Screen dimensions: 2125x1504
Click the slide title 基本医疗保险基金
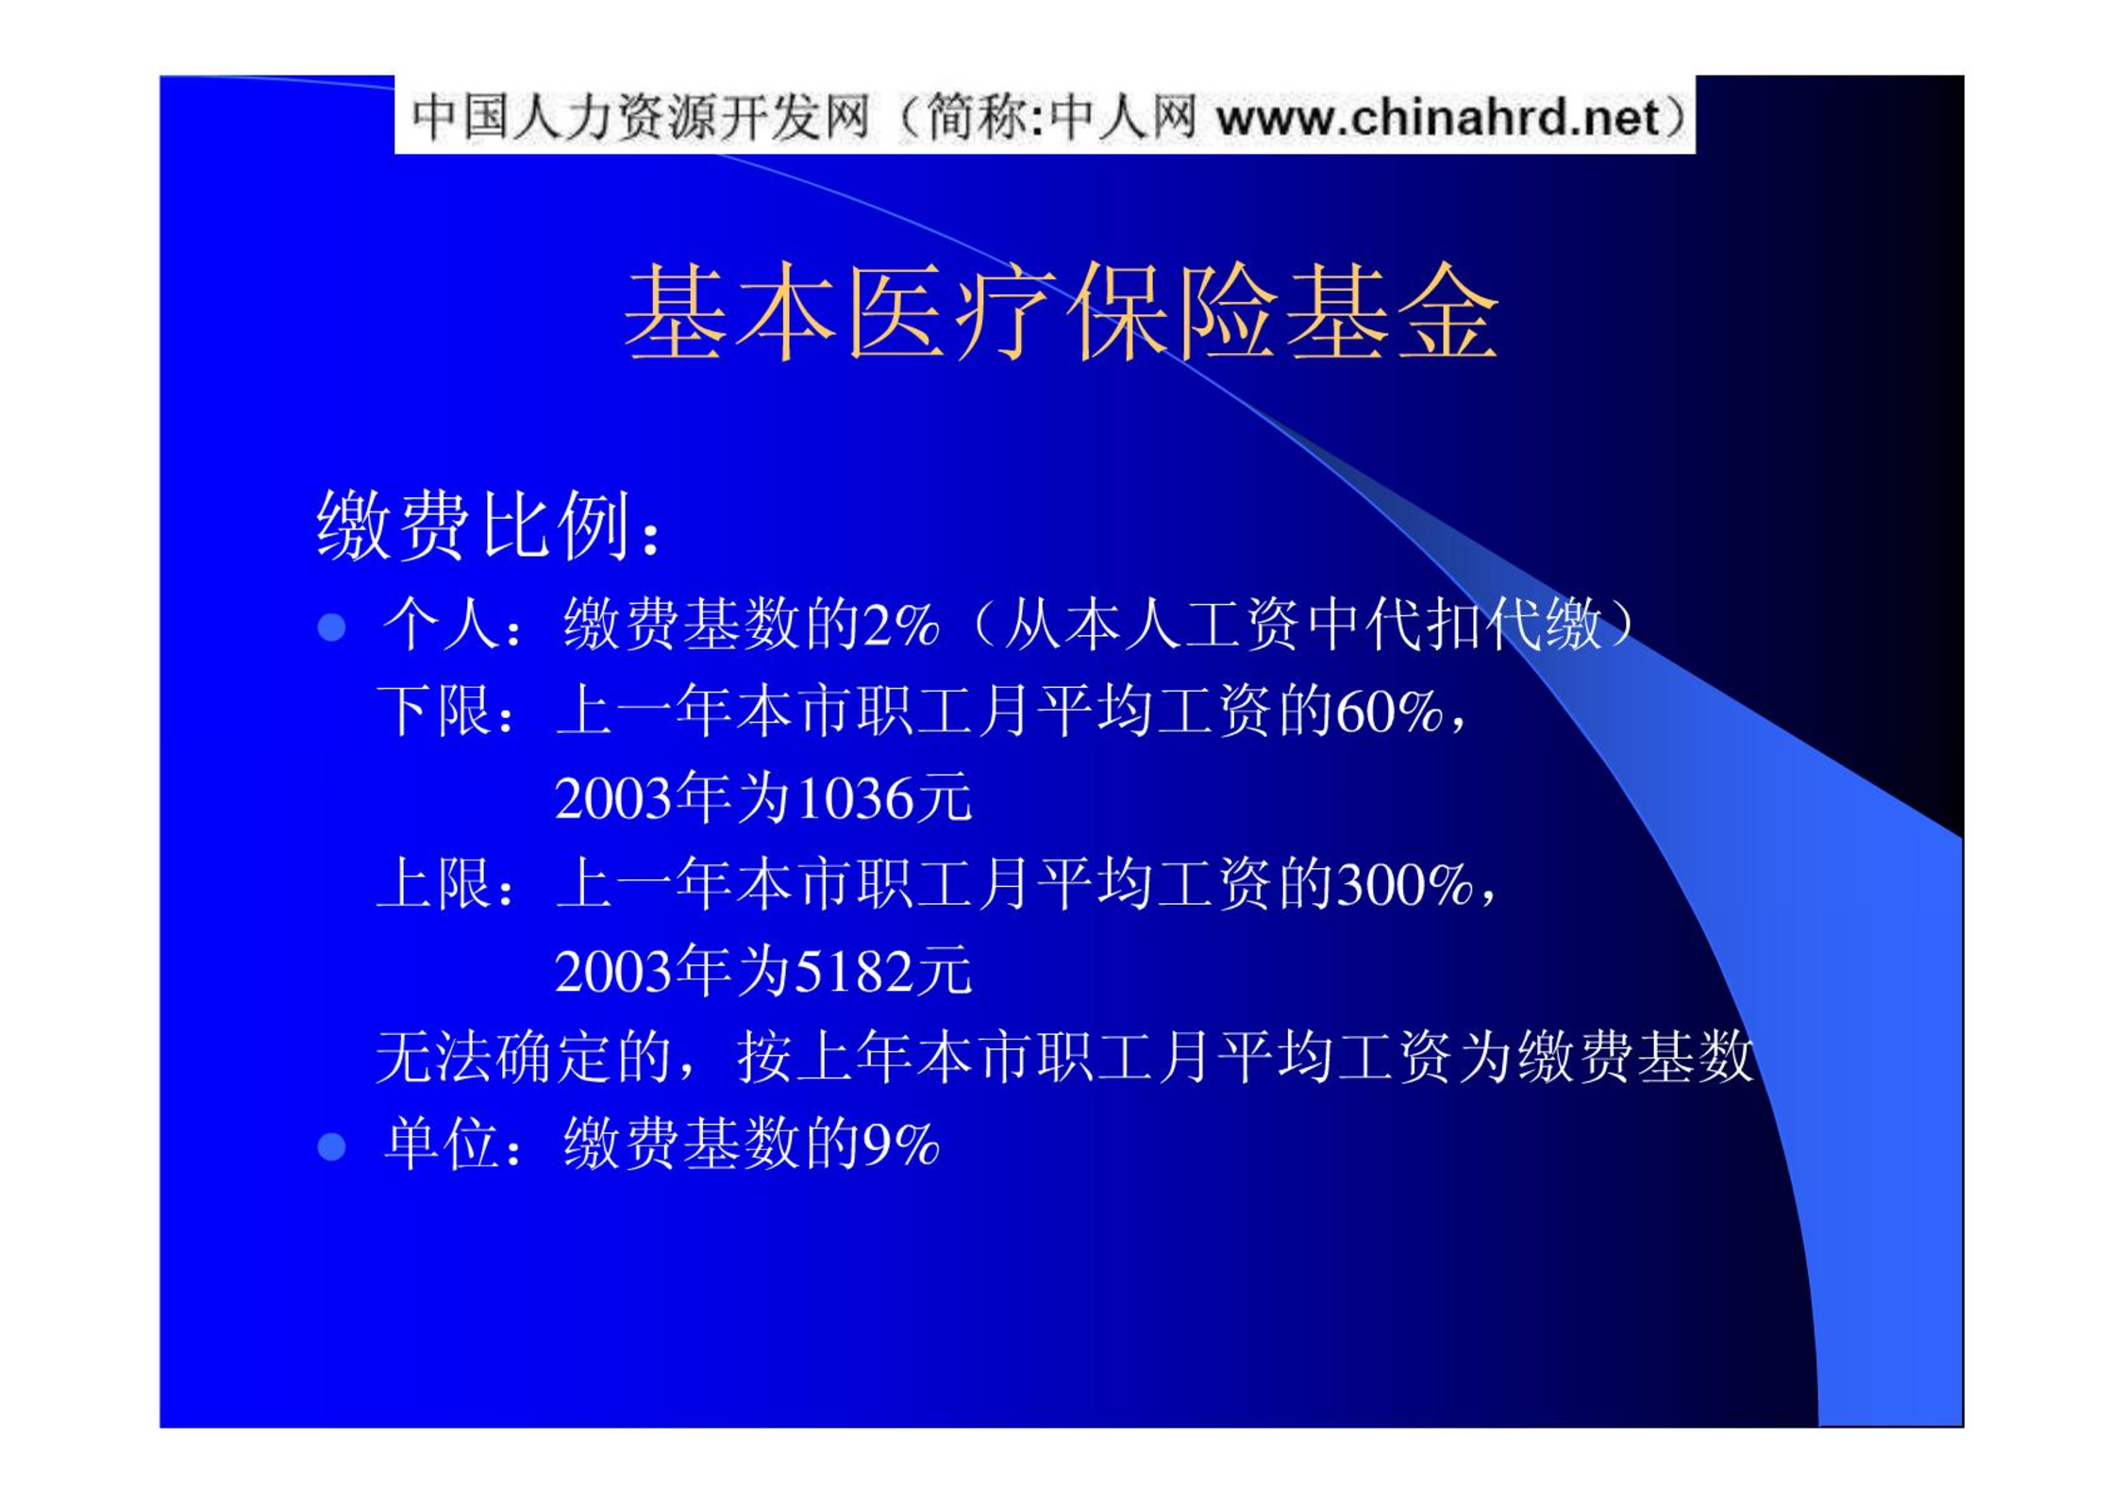[x=1061, y=311]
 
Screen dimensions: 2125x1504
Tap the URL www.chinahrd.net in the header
[x=1438, y=118]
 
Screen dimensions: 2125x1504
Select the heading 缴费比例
[x=476, y=525]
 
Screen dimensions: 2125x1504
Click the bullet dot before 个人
[x=331, y=627]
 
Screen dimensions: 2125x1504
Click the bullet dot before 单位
[x=331, y=1146]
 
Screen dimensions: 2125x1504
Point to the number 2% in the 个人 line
[x=901, y=626]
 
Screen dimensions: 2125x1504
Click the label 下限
[x=435, y=710]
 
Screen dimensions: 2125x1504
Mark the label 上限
[x=435, y=884]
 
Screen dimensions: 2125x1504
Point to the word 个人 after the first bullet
[x=441, y=625]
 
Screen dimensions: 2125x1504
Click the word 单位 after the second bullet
[x=441, y=1144]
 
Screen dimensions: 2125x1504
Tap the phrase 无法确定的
[x=524, y=1057]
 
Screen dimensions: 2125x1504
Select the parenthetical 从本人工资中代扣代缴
[x=1303, y=625]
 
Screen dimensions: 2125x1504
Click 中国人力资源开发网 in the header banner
[x=641, y=118]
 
